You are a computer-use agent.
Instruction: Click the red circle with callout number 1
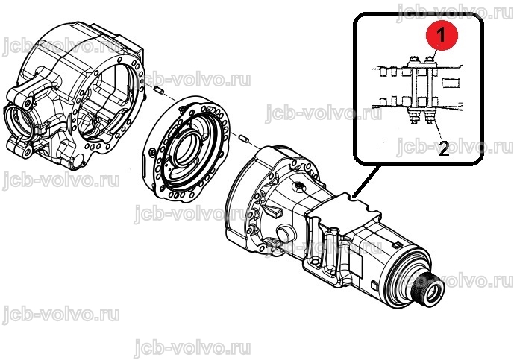[x=441, y=34]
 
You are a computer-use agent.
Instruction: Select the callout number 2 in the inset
[x=444, y=149]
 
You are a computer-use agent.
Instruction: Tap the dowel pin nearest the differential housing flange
[x=159, y=89]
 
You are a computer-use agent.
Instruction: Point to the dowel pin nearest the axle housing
[x=243, y=138]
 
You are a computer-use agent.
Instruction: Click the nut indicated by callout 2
[x=430, y=117]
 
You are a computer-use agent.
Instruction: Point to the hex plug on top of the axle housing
[x=299, y=187]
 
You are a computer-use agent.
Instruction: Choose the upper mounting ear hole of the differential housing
[x=28, y=104]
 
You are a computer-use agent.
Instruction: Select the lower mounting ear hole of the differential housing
[x=27, y=151]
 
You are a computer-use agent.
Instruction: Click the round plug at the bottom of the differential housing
[x=78, y=162]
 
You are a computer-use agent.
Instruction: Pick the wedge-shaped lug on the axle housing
[x=272, y=211]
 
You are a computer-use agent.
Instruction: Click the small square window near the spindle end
[x=374, y=285]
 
